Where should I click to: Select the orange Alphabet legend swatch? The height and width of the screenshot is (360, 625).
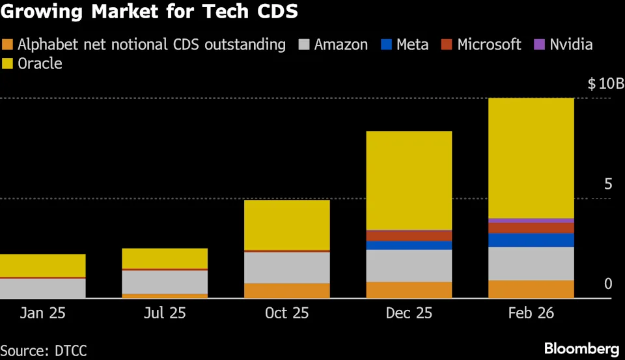coord(8,45)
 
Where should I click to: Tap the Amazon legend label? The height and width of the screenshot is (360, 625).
coord(340,45)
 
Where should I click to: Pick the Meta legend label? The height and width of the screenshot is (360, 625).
coord(412,45)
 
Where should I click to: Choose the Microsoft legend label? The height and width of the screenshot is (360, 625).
coord(489,45)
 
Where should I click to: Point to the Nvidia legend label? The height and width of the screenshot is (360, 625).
coord(571,45)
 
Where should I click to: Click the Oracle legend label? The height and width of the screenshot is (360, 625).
coord(40,64)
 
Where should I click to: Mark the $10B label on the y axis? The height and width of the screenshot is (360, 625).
coord(605,84)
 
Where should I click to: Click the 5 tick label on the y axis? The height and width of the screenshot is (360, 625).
coord(609,184)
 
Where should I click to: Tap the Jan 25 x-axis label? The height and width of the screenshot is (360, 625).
coord(43,313)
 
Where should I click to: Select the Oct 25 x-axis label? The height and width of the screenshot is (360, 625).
coord(286,313)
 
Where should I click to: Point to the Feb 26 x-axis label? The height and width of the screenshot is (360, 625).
coord(532,313)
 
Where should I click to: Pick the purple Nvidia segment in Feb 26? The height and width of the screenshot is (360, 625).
coord(531,221)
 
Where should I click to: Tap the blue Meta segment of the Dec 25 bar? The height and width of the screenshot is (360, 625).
coord(409,245)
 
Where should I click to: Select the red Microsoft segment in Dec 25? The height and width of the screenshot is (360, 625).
coord(409,235)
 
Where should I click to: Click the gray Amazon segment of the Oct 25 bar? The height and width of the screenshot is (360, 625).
coord(286,267)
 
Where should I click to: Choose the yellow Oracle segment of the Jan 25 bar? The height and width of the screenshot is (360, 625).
coord(43,265)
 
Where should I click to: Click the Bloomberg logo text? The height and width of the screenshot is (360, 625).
coord(581,348)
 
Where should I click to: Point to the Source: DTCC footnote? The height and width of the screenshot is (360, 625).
coord(44,350)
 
